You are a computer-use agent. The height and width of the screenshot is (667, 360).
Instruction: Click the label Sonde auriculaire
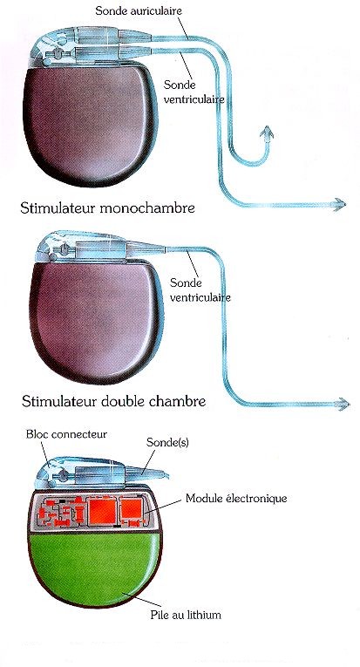click(x=139, y=10)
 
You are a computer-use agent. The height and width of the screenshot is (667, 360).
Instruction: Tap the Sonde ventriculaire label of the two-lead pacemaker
click(x=194, y=92)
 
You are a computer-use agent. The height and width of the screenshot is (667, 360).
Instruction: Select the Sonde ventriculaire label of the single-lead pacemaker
click(x=200, y=289)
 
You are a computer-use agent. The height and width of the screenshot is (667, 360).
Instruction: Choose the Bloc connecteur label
click(x=66, y=434)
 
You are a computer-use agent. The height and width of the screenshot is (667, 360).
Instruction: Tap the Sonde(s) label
click(x=167, y=442)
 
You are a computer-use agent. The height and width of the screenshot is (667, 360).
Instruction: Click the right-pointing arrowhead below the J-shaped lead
click(x=340, y=204)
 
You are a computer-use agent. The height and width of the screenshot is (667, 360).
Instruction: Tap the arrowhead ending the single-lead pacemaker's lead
click(x=343, y=404)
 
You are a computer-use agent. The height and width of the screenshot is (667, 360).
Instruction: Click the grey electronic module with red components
click(x=93, y=511)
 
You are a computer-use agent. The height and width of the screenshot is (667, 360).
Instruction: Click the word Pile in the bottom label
click(x=159, y=615)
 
